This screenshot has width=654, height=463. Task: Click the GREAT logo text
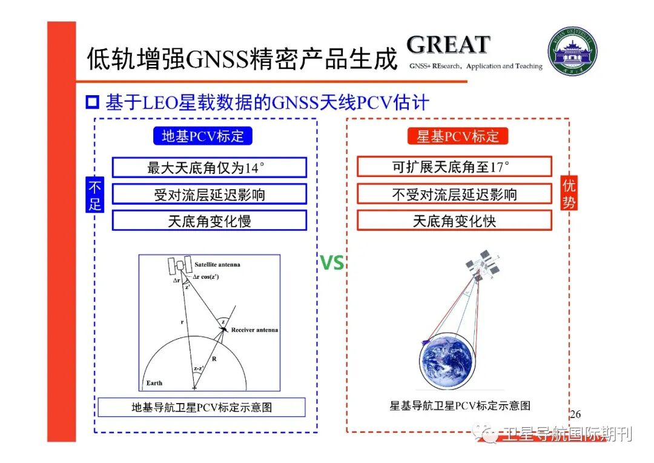pos(448,45)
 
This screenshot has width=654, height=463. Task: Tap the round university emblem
pos(572,52)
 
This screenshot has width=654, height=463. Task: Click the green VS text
pos(331,264)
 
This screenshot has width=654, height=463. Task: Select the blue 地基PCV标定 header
pos(202,136)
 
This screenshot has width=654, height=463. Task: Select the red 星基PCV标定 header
pos(457,136)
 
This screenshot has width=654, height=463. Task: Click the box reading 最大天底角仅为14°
pos(209,167)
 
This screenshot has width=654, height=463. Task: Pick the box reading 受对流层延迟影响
pos(209,194)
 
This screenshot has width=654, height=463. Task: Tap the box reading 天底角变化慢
pos(209,221)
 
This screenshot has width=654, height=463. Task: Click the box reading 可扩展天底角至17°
pos(454,167)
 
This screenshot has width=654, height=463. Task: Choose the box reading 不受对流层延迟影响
pos(454,194)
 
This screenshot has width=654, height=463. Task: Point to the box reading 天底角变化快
pos(454,221)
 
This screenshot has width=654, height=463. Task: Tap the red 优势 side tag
pos(569,194)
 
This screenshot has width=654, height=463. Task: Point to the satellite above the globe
pos(483,265)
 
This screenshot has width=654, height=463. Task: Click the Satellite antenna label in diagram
pos(217,264)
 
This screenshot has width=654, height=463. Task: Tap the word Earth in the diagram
pos(154,383)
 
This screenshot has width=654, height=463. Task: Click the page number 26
pos(575,415)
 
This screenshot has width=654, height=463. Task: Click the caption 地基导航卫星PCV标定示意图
pos(202,407)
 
